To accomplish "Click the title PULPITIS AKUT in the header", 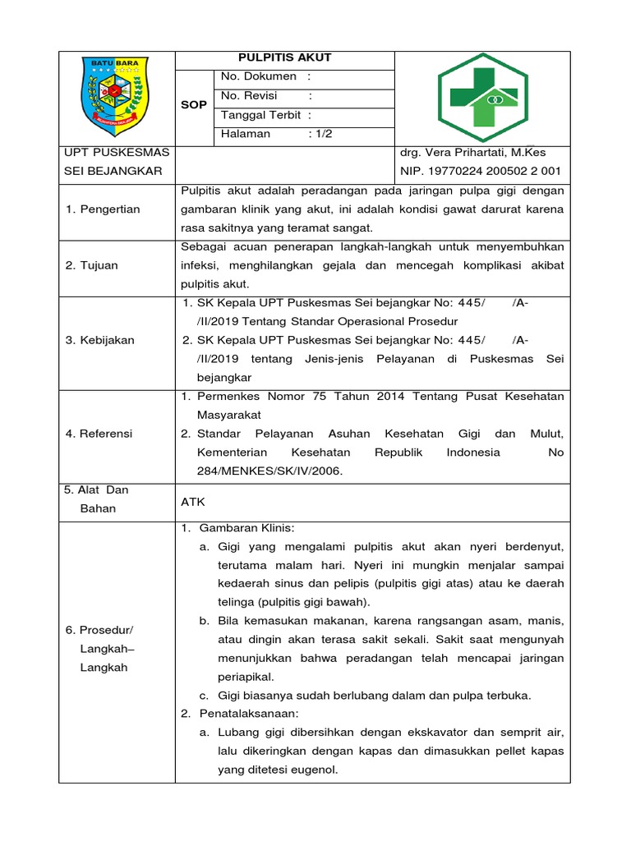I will click(x=284, y=57).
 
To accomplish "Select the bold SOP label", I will click(x=194, y=105).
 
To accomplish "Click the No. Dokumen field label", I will click(x=259, y=76).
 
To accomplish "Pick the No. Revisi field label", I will click(x=248, y=96).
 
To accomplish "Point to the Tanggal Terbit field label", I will click(x=260, y=115).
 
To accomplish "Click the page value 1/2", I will click(x=321, y=134).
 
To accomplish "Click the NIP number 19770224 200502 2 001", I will click(x=480, y=171).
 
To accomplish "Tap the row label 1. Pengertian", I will click(x=102, y=209).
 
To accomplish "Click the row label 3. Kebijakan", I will click(x=99, y=340).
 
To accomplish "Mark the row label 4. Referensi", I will click(x=99, y=434).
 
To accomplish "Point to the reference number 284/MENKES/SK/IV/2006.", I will click(x=269, y=471).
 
